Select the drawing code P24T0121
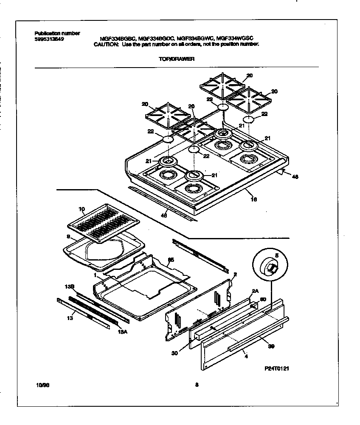pos(276,369)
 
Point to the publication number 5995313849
pos(49,38)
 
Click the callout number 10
pos(82,209)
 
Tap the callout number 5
pos(276,256)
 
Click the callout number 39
pos(271,347)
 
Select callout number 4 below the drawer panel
pos(246,357)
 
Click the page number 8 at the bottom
pos(197,385)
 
